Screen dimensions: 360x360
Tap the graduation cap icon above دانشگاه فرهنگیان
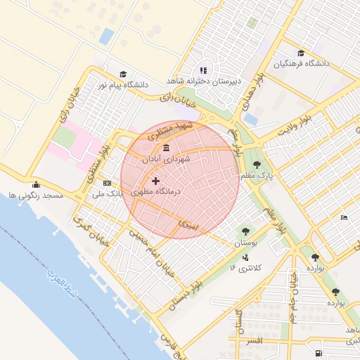[301, 53]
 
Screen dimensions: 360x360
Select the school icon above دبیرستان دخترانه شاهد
[204, 70]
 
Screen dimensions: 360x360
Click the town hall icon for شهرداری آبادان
[166, 148]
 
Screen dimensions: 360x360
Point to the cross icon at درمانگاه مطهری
[155, 181]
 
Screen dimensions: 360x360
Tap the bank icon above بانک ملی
[107, 182]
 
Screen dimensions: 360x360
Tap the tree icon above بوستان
[245, 231]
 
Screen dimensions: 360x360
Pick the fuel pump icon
[319, 352]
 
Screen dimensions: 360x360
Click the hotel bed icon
[343, 218]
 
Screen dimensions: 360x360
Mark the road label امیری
[188, 225]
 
